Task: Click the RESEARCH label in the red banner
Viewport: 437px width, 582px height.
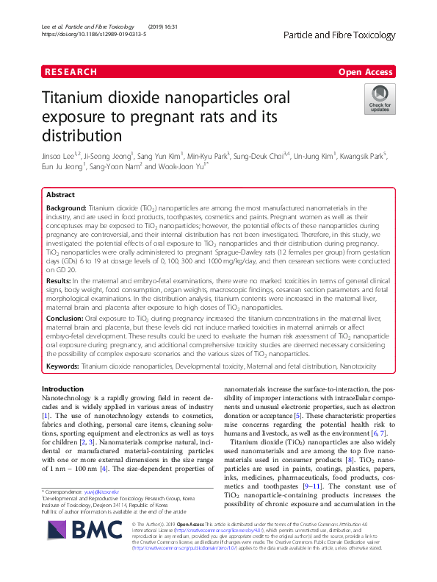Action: coord(71,72)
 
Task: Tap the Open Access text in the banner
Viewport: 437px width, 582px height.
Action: coord(366,72)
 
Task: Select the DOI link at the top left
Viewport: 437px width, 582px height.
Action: coord(95,34)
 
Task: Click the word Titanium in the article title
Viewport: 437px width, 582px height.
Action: coord(78,99)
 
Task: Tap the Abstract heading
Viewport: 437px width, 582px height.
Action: coord(60,196)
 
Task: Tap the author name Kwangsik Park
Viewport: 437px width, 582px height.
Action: coord(365,156)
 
